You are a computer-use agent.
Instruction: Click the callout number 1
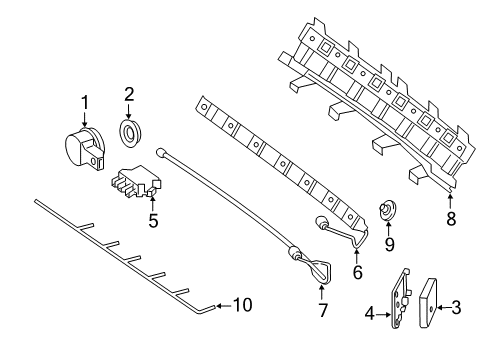(85, 102)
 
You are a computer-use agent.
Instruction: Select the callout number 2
(129, 94)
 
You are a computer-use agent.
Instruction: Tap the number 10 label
(242, 305)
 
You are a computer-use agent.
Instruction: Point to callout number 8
(451, 219)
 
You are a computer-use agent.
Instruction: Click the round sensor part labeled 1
(85, 149)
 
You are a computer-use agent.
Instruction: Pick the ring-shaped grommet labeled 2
(130, 132)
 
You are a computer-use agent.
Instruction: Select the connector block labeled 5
(136, 181)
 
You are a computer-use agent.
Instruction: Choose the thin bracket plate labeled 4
(401, 299)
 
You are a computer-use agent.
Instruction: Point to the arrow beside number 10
(224, 305)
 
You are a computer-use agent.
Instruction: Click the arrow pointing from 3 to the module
(443, 307)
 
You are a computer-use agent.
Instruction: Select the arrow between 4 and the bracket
(383, 314)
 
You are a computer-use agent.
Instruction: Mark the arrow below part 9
(388, 229)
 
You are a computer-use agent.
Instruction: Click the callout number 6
(357, 272)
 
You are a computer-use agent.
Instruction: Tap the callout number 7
(323, 310)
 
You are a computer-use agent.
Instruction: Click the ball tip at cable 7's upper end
(160, 153)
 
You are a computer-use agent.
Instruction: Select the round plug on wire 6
(320, 222)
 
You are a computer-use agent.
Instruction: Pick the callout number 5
(153, 221)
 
